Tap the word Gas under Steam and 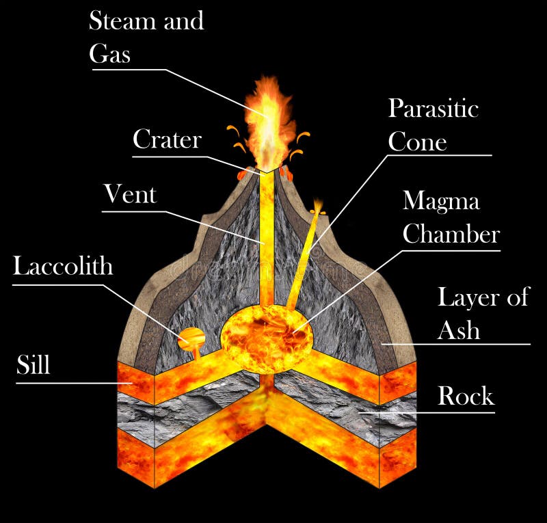pos(109,54)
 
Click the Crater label pos(167,140)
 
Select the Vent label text pos(130,195)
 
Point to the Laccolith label pos(63,265)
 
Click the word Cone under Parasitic pos(417,142)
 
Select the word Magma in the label pos(441,202)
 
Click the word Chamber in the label pos(451,234)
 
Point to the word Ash pos(458,330)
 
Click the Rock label pos(466,396)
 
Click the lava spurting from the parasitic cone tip pos(317,206)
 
